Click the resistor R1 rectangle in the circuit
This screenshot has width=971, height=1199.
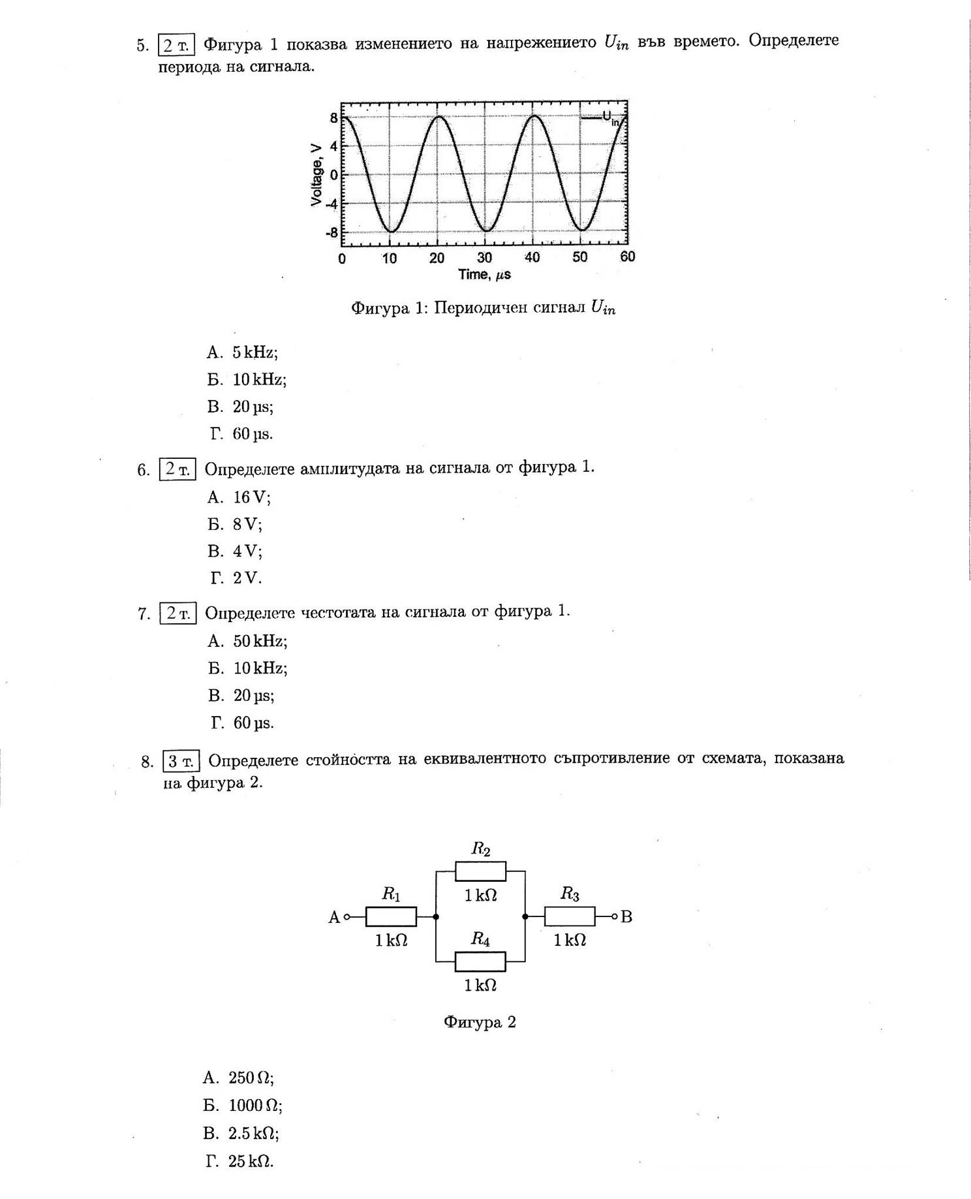(x=391, y=916)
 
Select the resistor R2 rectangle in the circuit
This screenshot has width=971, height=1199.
(x=480, y=871)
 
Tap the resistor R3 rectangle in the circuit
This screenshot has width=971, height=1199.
(x=570, y=916)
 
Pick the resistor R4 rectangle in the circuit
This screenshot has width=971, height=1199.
(x=480, y=961)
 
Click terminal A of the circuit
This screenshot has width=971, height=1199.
(x=347, y=917)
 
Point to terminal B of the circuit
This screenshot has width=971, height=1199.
(x=615, y=916)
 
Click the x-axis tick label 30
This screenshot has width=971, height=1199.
(x=485, y=258)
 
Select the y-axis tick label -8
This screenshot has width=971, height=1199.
(x=332, y=233)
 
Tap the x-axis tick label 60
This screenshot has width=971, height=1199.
(x=628, y=257)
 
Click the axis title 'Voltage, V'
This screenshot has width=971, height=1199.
(x=317, y=175)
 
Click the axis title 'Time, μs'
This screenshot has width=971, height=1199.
(x=484, y=275)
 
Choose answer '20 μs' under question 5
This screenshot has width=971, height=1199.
(x=253, y=407)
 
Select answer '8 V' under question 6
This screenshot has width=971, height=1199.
(x=247, y=524)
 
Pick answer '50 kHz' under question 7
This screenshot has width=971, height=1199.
(x=260, y=641)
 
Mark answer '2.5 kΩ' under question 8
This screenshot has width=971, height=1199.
(x=253, y=1133)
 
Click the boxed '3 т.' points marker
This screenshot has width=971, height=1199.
(x=181, y=761)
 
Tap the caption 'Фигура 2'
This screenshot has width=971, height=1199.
(x=480, y=1022)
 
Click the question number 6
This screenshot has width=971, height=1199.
(x=143, y=470)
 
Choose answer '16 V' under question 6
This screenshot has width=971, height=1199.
(x=251, y=497)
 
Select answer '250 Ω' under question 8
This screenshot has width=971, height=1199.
(x=251, y=1078)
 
